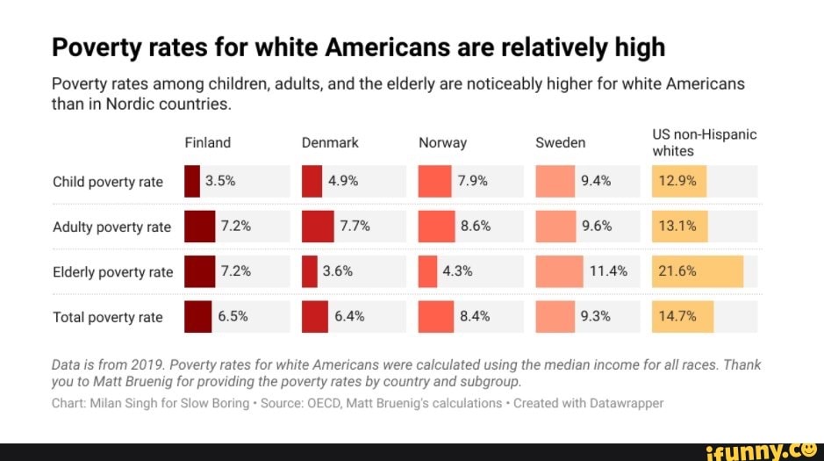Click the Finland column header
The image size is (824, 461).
pyautogui.click(x=208, y=142)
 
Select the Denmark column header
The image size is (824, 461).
pyautogui.click(x=330, y=142)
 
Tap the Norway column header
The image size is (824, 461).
pyautogui.click(x=442, y=142)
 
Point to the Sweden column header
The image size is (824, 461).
pyautogui.click(x=560, y=142)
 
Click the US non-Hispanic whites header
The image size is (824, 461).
pyautogui.click(x=704, y=142)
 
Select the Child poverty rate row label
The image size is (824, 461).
pyautogui.click(x=108, y=182)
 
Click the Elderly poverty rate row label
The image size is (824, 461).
pyautogui.click(x=113, y=271)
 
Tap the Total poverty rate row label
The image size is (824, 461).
pyautogui.click(x=108, y=317)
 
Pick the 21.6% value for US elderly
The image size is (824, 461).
pyautogui.click(x=677, y=271)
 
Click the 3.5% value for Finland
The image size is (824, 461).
pyautogui.click(x=219, y=182)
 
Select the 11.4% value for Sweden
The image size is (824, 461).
pyautogui.click(x=608, y=271)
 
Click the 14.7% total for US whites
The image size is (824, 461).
pyautogui.click(x=677, y=317)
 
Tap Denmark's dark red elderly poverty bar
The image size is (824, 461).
pyautogui.click(x=309, y=271)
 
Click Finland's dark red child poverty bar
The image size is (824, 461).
pyautogui.click(x=192, y=182)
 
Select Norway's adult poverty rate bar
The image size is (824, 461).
pyautogui.click(x=436, y=227)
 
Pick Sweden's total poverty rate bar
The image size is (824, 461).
pyautogui.click(x=555, y=317)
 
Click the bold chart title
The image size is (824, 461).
pyautogui.click(x=358, y=47)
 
